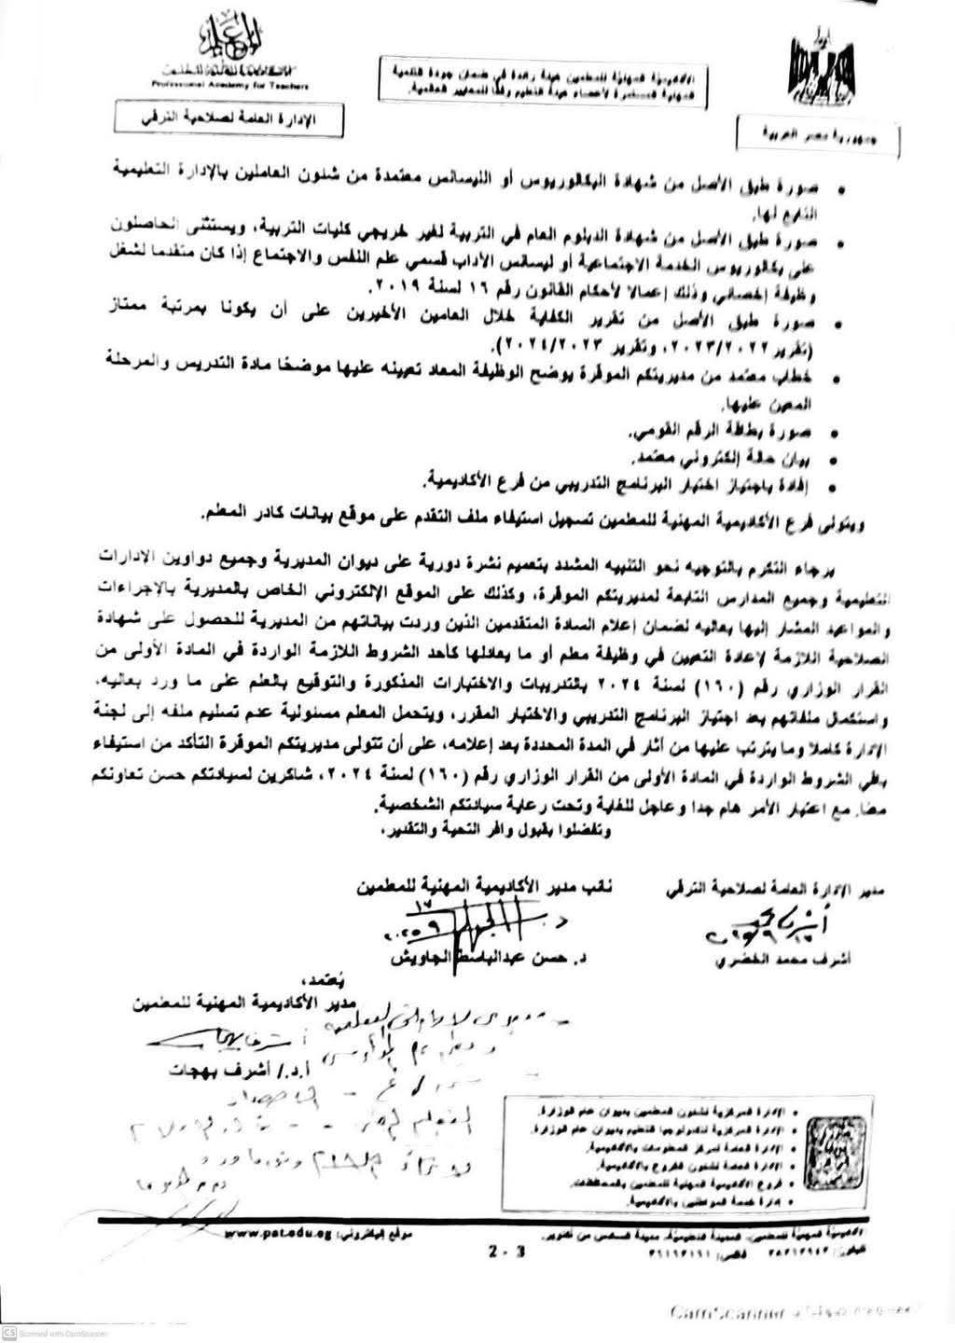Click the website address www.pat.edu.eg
267,1233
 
